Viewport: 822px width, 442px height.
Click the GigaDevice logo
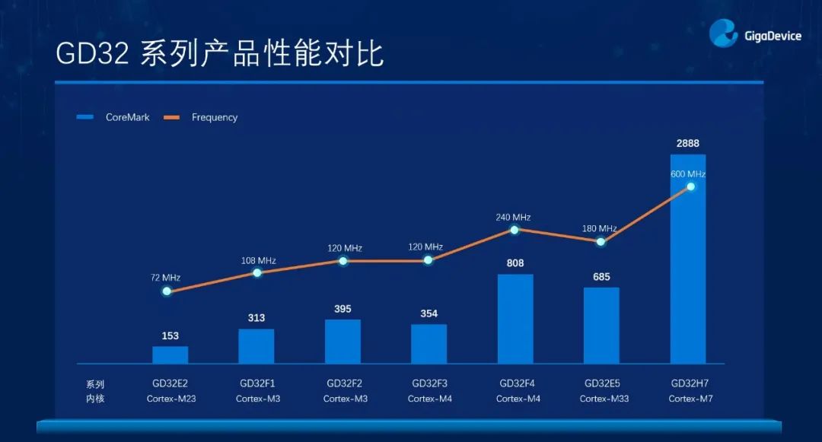click(x=754, y=34)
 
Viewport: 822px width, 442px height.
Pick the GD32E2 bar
click(x=170, y=355)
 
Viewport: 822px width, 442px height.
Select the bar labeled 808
click(x=515, y=319)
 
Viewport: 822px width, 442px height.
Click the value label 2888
click(x=688, y=143)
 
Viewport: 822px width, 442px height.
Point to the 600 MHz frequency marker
click(x=691, y=186)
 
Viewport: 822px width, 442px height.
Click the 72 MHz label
click(x=165, y=278)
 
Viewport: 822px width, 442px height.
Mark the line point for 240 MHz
click(x=515, y=230)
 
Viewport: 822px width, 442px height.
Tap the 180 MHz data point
click(x=601, y=242)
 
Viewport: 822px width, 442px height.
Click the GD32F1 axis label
click(x=257, y=383)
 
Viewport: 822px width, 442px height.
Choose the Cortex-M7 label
click(x=690, y=399)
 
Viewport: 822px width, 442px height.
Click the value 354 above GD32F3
click(x=429, y=313)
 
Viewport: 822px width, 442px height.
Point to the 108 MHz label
click(x=256, y=260)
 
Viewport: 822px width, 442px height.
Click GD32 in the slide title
click(x=91, y=55)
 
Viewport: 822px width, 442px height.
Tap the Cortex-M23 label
click(x=171, y=399)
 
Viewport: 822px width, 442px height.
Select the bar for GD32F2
click(x=343, y=342)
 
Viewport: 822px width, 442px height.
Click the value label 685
click(x=601, y=277)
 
